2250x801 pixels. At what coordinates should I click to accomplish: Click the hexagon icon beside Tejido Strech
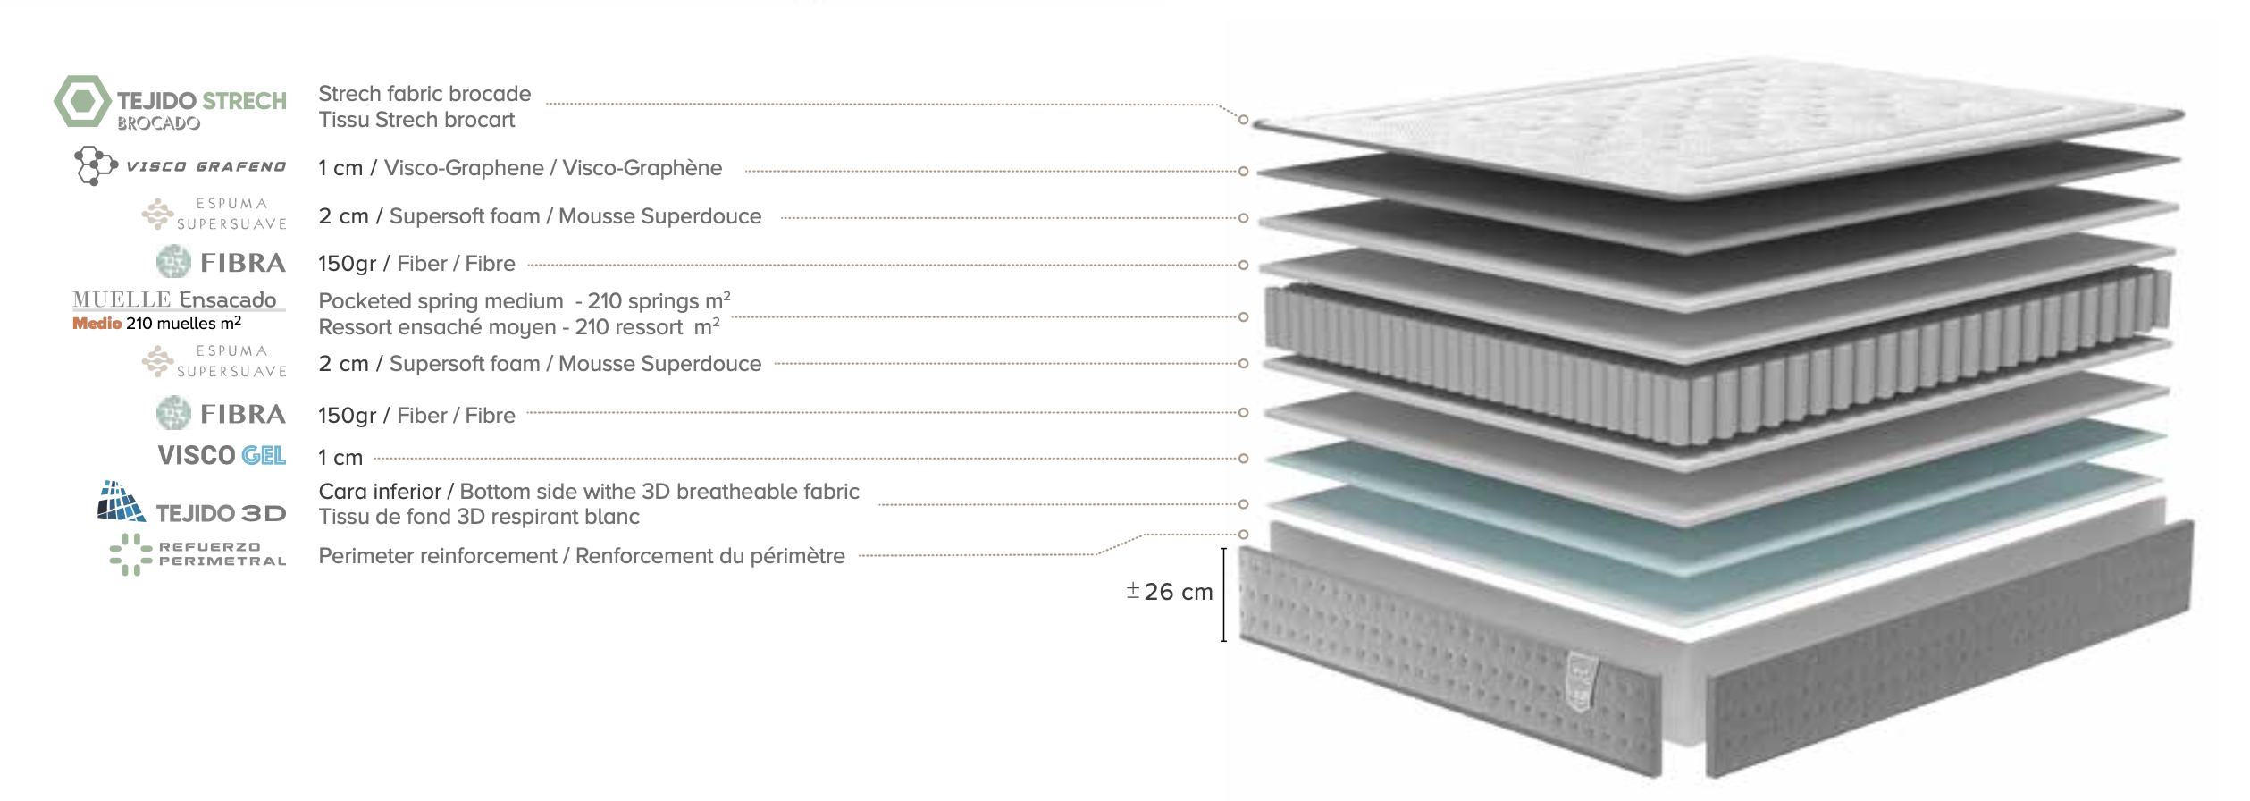coord(83,101)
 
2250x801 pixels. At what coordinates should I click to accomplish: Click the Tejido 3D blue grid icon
coord(121,502)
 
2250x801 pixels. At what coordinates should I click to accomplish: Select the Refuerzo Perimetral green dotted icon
coord(131,554)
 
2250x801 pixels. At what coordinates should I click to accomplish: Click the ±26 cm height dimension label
coord(1170,592)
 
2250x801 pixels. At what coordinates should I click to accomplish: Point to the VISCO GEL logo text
coord(222,455)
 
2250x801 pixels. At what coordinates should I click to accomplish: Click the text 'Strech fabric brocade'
coord(424,94)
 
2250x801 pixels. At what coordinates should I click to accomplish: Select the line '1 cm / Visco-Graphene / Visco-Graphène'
coord(520,168)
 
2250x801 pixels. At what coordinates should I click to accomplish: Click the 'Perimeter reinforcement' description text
coord(438,556)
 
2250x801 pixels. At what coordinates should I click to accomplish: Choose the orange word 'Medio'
coord(97,324)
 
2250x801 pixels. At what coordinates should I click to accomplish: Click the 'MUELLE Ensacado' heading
coord(174,299)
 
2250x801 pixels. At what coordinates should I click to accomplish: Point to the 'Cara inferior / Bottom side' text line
coord(589,492)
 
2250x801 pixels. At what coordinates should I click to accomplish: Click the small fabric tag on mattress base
coord(1582,682)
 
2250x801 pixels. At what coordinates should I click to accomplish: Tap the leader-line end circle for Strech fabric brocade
coord(1243,120)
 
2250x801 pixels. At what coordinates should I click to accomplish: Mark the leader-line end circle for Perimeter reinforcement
coord(1243,535)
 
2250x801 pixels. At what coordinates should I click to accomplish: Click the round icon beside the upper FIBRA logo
coord(173,262)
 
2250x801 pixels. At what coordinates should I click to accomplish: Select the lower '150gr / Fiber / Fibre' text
coord(416,416)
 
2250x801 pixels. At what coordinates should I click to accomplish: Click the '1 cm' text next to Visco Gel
coord(340,458)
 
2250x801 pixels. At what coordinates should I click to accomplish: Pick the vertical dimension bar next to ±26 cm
coord(1223,594)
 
